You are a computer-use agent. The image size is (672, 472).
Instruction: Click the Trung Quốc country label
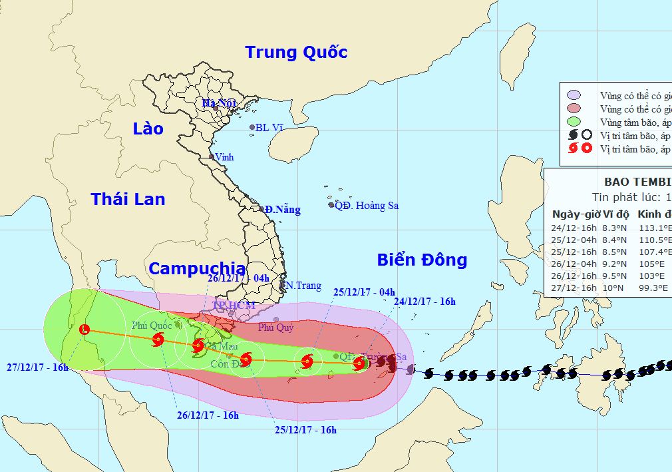296,52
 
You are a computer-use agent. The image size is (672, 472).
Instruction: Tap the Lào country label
148,128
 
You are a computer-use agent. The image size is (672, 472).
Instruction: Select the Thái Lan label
128,198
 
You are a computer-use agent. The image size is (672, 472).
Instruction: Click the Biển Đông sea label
422,260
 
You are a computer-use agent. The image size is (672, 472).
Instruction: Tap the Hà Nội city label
219,103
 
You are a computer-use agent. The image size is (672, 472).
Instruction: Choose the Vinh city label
225,157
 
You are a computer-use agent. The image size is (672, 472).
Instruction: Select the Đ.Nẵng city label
282,210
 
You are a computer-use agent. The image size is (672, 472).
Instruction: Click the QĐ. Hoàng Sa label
367,205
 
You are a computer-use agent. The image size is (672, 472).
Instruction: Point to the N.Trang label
300,285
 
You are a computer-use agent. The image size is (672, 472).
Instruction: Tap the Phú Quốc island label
151,326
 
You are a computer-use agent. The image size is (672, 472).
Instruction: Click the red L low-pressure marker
84,329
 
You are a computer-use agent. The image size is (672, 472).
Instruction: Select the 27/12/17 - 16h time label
38,367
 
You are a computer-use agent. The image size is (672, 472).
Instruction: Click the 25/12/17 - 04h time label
365,292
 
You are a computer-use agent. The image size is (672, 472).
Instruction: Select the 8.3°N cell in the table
615,227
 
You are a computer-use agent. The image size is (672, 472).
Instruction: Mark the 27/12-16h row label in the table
574,287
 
